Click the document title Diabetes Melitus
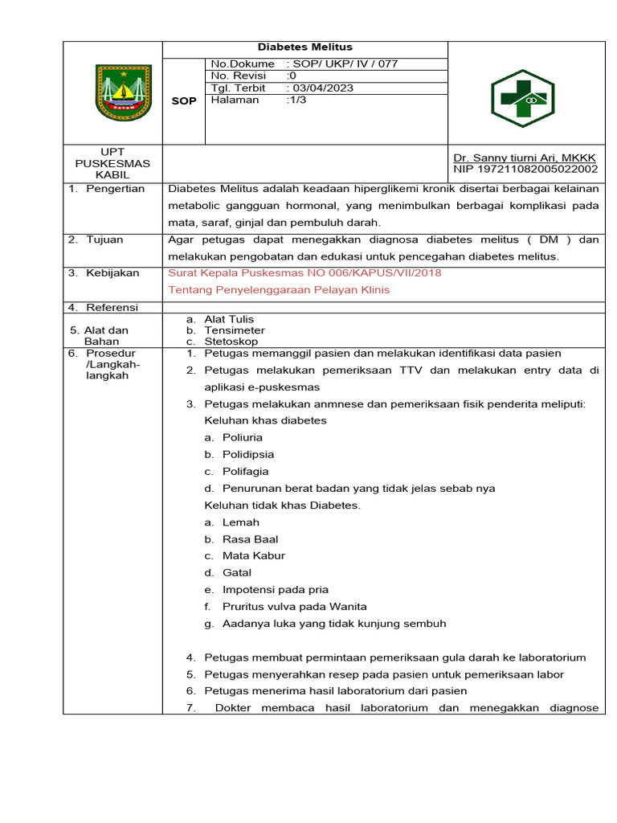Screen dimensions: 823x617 [304, 47]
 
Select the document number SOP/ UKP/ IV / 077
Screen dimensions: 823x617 [342, 64]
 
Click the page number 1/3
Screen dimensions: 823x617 [296, 100]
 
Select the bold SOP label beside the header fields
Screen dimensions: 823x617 [184, 101]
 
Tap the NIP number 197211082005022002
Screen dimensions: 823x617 [525, 170]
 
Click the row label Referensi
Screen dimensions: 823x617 [112, 307]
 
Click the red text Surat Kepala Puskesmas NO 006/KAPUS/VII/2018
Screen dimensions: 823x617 [304, 272]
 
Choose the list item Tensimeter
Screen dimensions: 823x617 [234, 330]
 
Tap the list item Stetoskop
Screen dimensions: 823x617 [231, 342]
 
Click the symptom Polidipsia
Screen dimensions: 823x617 [247, 454]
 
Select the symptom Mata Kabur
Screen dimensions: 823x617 [253, 555]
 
